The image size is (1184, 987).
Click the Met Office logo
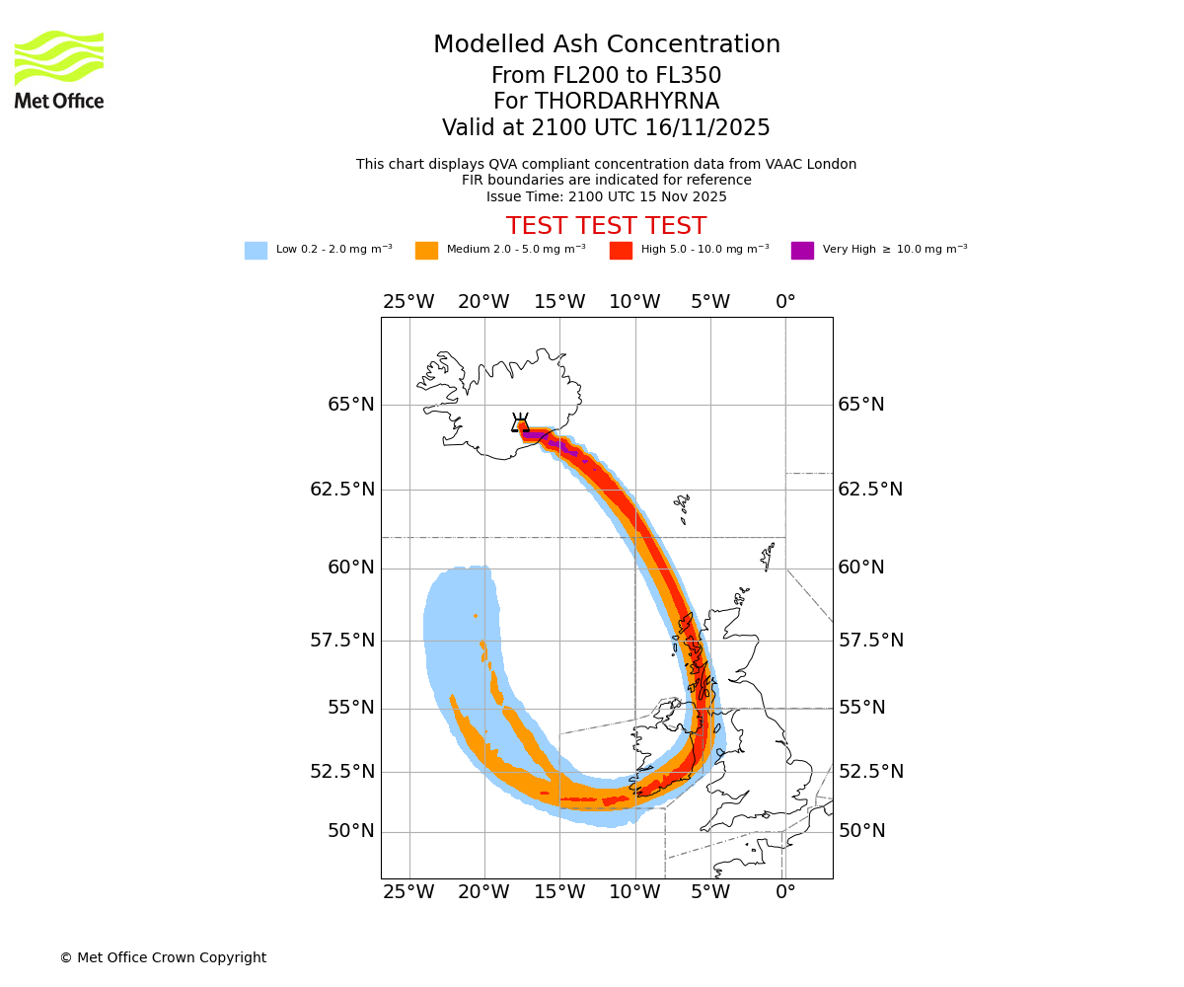[x=59, y=69]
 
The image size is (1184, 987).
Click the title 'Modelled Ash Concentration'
[x=606, y=45]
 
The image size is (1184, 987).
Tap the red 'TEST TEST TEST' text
[x=606, y=227]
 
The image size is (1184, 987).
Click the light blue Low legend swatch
[x=256, y=251]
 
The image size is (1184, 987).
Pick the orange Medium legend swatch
[x=426, y=251]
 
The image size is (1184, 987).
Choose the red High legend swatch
[x=621, y=251]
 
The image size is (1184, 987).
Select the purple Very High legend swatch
[x=802, y=251]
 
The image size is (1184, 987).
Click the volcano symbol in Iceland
[x=520, y=423]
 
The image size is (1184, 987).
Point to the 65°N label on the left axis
[x=351, y=405]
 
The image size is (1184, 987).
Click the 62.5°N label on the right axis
[x=870, y=490]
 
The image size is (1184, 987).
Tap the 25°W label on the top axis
[x=408, y=302]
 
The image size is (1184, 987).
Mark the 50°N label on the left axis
[x=351, y=831]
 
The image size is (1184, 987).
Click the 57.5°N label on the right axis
[x=870, y=641]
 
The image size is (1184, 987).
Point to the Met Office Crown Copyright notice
[x=163, y=958]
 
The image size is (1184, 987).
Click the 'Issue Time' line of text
[x=606, y=197]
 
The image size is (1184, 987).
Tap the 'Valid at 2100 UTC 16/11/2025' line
[x=606, y=128]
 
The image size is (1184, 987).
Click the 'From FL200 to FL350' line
[x=606, y=76]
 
